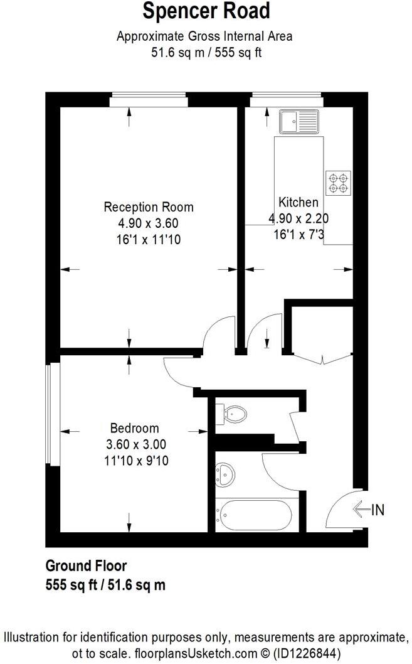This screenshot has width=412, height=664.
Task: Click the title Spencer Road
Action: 206,12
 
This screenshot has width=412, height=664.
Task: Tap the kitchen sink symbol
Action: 299,121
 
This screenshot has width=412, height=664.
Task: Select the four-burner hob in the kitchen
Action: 337,181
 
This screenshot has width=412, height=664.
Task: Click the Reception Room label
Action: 149,207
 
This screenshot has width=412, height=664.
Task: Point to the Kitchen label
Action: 298,202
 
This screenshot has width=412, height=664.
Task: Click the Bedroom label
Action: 134,429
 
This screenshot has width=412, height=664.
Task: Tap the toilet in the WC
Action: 233,414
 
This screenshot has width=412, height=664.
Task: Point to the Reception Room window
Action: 149,100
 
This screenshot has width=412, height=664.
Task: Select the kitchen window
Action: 287,100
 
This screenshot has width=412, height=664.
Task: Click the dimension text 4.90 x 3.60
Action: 149,223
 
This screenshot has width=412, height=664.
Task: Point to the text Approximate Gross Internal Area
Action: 204,36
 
